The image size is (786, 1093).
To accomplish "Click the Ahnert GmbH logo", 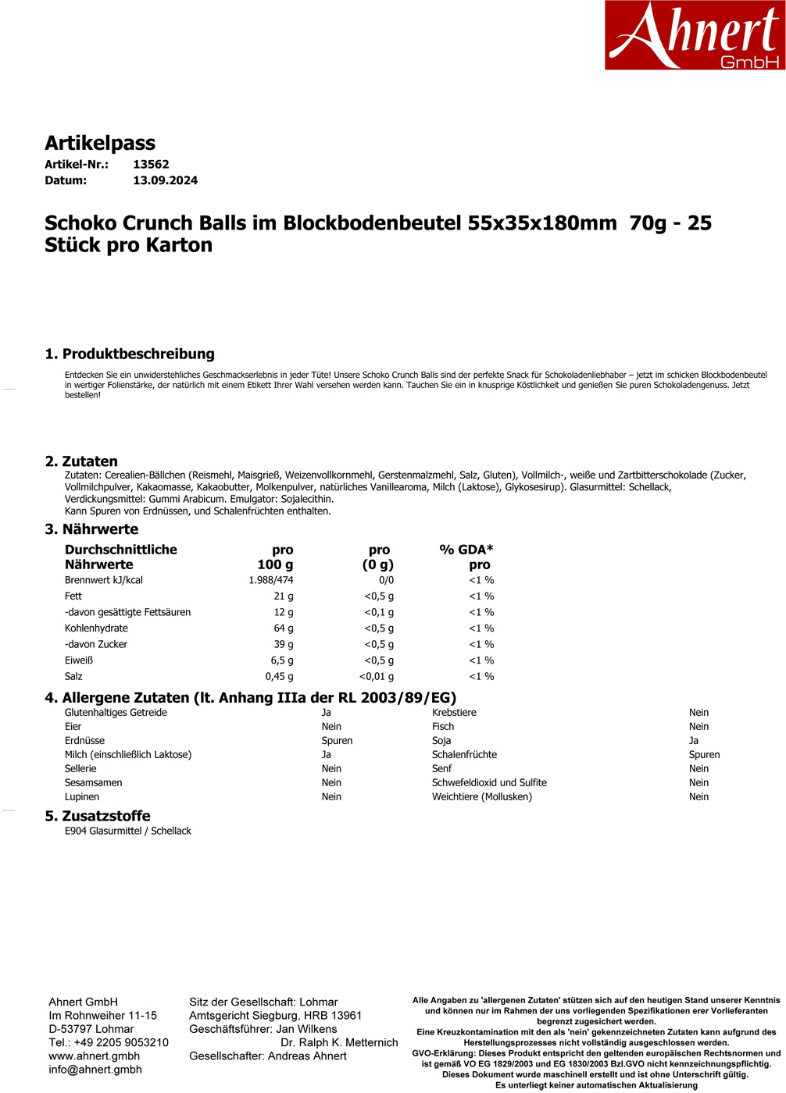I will (x=695, y=35).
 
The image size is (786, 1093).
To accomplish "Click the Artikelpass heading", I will (x=100, y=143).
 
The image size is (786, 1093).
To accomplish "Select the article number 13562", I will (x=151, y=165).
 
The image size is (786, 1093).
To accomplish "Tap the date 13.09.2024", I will (x=165, y=180).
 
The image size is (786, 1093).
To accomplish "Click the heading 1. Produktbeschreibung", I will (x=130, y=354).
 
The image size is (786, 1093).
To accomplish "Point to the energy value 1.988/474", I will (x=271, y=580).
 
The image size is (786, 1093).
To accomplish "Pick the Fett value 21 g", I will (x=284, y=596).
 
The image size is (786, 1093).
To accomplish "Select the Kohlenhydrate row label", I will (x=96, y=628).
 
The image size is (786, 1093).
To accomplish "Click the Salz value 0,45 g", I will (x=279, y=677).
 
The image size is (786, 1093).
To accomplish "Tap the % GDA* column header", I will (x=466, y=550).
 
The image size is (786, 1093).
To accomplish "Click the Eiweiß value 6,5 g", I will (x=282, y=660).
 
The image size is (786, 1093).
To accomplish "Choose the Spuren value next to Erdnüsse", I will (x=337, y=741).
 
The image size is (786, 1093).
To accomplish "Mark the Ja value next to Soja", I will (x=694, y=741).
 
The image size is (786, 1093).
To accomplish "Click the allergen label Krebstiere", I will (x=454, y=713).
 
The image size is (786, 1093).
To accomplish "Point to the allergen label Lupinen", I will (x=82, y=797).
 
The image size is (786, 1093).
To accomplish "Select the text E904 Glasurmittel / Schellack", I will (x=128, y=831).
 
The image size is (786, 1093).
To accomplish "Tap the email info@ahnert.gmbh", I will (x=95, y=1070).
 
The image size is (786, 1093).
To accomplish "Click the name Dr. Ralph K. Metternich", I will (x=339, y=1043).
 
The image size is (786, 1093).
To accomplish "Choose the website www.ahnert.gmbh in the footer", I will (x=95, y=1056).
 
